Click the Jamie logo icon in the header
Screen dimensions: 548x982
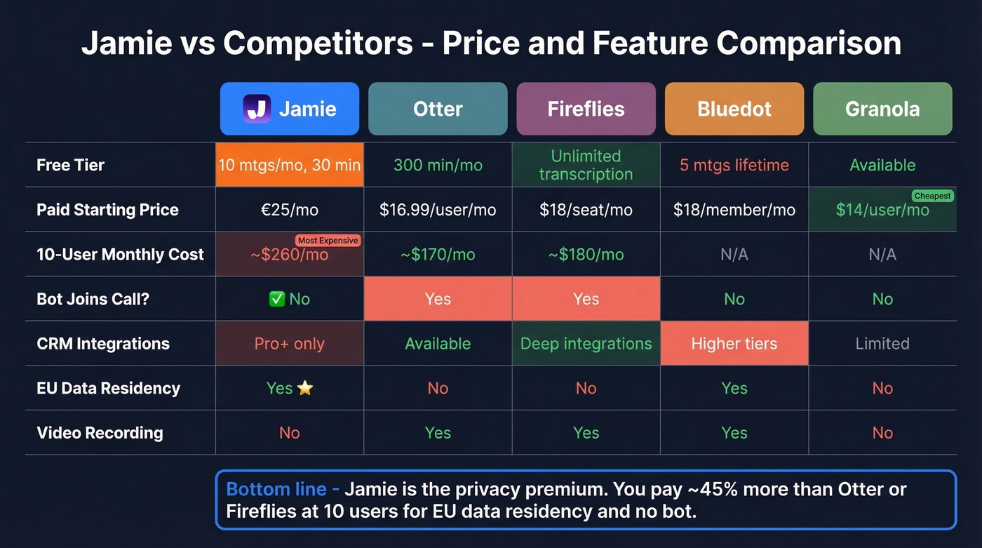[x=257, y=109]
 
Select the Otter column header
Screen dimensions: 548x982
[x=438, y=109]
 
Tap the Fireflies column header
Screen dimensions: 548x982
[x=586, y=109]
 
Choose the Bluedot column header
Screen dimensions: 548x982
[x=734, y=109]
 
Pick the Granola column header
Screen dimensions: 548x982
[x=882, y=109]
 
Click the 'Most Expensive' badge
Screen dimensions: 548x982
[x=328, y=241]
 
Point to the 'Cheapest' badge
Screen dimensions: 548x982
[x=933, y=196]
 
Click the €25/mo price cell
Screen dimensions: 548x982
[x=290, y=210]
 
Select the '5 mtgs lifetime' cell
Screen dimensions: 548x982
[x=734, y=166]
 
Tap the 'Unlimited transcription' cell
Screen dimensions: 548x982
[x=586, y=166]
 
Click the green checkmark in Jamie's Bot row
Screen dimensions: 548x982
[x=276, y=299]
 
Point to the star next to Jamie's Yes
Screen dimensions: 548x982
[x=305, y=388]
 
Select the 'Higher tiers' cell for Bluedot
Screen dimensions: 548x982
[x=734, y=344]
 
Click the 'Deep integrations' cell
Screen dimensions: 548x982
[x=586, y=344]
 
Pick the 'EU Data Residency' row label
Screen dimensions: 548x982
[x=108, y=388]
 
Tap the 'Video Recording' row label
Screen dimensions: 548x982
[x=100, y=433]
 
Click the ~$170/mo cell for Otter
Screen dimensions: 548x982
[x=438, y=255]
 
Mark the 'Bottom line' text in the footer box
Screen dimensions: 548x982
[x=276, y=489]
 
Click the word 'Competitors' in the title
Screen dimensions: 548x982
[x=318, y=44]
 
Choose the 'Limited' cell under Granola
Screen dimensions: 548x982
[x=882, y=344]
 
